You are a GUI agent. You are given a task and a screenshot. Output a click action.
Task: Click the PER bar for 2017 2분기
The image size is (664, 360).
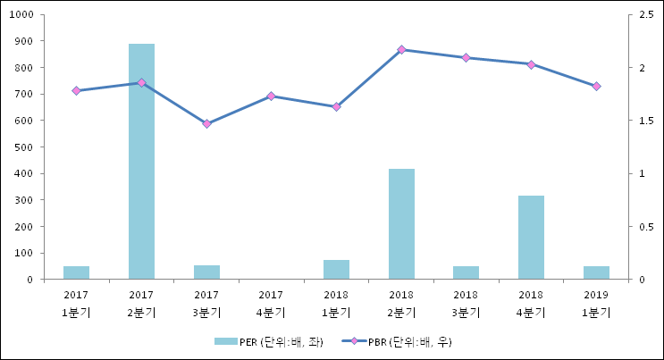coord(141,161)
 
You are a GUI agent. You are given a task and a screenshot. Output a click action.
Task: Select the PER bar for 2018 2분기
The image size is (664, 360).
coord(401,223)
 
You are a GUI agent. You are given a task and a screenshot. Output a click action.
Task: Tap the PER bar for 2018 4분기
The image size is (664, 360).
coord(531,237)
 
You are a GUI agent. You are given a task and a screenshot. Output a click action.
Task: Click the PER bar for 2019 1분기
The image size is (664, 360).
coord(596,272)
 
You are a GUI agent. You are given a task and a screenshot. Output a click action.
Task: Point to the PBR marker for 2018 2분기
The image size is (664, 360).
coord(401,50)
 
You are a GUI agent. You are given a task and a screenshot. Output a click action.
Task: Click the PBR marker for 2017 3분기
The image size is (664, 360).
coord(206,124)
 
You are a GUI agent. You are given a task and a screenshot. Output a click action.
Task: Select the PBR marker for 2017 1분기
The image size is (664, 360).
coord(76,91)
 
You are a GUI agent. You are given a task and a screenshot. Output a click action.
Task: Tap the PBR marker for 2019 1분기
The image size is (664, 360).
coord(596,87)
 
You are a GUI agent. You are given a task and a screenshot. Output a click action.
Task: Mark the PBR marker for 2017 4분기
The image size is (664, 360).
coord(271,96)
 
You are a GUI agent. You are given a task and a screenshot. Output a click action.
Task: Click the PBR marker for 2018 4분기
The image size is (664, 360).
coord(531,64)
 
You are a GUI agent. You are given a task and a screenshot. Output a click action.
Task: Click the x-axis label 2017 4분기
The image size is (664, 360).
coord(271,304)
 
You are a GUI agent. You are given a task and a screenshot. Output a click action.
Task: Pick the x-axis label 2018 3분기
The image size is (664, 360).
coord(466,304)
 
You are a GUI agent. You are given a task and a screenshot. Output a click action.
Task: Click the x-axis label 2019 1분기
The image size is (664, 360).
coord(596,304)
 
